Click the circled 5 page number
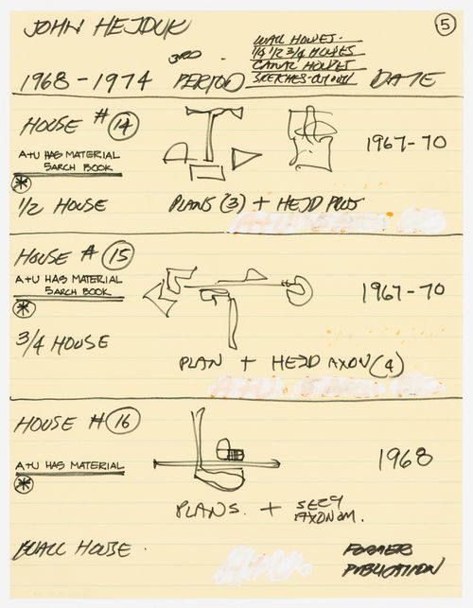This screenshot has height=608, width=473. (x=446, y=26)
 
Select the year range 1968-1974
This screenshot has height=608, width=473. (x=86, y=81)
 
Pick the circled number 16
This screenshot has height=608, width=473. (x=124, y=423)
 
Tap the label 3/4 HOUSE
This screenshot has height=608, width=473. (x=62, y=342)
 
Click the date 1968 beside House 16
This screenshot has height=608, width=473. (x=406, y=460)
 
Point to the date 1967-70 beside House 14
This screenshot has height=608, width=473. (x=405, y=144)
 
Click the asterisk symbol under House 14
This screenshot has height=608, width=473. (x=21, y=182)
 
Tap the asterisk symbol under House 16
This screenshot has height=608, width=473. (x=24, y=484)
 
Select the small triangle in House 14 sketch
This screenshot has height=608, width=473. (x=246, y=159)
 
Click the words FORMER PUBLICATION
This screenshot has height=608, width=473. (x=391, y=559)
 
